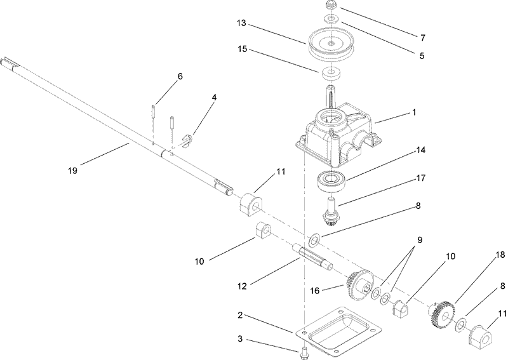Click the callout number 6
tap(180, 76)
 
